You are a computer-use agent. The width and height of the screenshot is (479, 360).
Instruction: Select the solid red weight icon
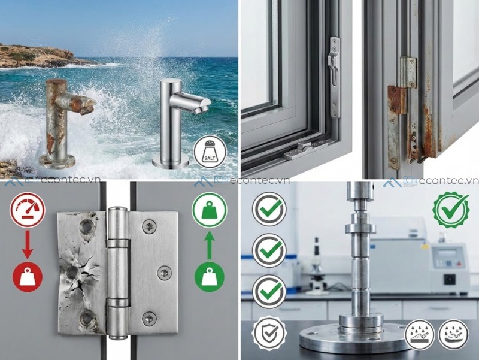click(x=25, y=276)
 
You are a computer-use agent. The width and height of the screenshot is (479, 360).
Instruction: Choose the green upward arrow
click(x=209, y=245)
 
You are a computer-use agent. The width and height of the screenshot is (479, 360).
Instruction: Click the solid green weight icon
click(x=209, y=276)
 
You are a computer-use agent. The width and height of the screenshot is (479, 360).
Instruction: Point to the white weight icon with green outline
click(x=209, y=210)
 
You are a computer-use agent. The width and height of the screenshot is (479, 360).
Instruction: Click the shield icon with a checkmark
click(x=269, y=333)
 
